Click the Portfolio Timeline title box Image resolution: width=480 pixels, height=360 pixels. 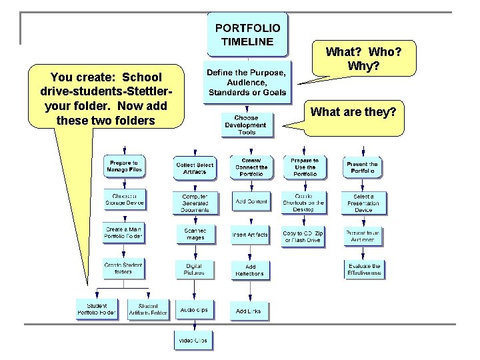[248, 35]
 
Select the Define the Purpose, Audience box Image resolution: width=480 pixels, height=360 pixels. [247, 82]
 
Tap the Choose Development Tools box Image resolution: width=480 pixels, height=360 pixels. [247, 124]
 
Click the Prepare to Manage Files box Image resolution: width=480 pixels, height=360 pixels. [124, 167]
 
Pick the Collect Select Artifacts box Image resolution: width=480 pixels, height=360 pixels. [195, 168]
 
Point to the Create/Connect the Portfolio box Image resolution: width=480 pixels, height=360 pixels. [251, 167]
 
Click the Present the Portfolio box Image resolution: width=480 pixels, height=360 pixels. [363, 167]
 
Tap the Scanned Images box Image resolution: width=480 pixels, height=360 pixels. [195, 234]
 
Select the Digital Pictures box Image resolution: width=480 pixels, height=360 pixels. [194, 269]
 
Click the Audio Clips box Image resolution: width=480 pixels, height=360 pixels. [194, 310]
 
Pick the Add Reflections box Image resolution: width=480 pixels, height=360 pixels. [250, 270]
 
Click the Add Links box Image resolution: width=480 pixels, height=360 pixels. [249, 311]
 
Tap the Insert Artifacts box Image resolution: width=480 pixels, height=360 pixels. [250, 235]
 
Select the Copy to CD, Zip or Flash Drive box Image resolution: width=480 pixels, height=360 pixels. [303, 237]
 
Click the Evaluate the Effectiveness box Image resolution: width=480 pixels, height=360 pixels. [364, 269]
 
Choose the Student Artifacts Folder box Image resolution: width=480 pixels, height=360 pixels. [149, 309]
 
